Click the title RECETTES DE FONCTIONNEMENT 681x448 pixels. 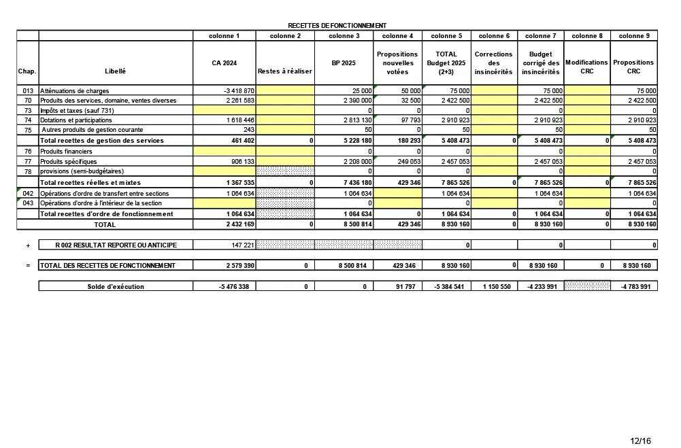[337, 25]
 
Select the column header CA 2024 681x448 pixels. [225, 63]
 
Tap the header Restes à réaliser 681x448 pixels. [284, 71]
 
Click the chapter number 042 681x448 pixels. [28, 194]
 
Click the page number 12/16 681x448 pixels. [640, 441]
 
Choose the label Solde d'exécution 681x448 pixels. [116, 287]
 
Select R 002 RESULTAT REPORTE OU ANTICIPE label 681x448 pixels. [116, 245]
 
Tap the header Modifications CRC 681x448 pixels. [586, 67]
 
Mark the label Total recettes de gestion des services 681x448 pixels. [102, 140]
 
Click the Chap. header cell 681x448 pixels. [27, 71]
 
